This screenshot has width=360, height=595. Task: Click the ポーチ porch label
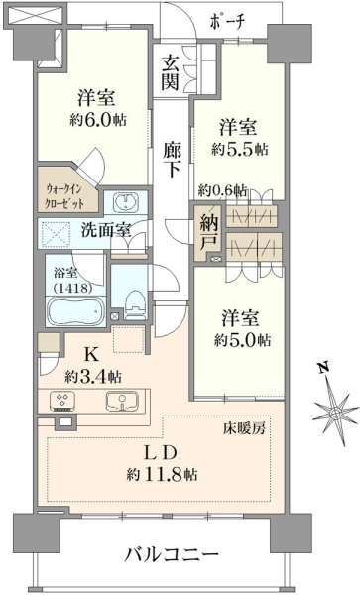tap(226, 22)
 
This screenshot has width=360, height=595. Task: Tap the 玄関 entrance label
tap(170, 72)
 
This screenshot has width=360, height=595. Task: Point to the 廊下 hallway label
tap(172, 160)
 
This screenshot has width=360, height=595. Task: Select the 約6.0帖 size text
tap(98, 120)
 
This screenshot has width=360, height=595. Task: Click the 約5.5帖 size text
tap(240, 149)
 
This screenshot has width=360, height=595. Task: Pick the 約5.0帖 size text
tap(242, 340)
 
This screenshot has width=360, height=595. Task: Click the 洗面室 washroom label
tap(106, 230)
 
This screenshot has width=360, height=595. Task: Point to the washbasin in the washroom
tap(125, 201)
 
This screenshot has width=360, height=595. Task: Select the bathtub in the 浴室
tap(75, 312)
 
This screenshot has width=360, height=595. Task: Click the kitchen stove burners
tap(62, 401)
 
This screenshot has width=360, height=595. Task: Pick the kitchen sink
tap(122, 401)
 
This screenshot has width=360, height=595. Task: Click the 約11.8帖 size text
tap(162, 474)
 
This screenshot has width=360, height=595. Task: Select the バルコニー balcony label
tap(173, 556)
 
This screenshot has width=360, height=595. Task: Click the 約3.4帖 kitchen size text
tap(93, 377)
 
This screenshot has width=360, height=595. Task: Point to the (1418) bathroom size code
tap(74, 289)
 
